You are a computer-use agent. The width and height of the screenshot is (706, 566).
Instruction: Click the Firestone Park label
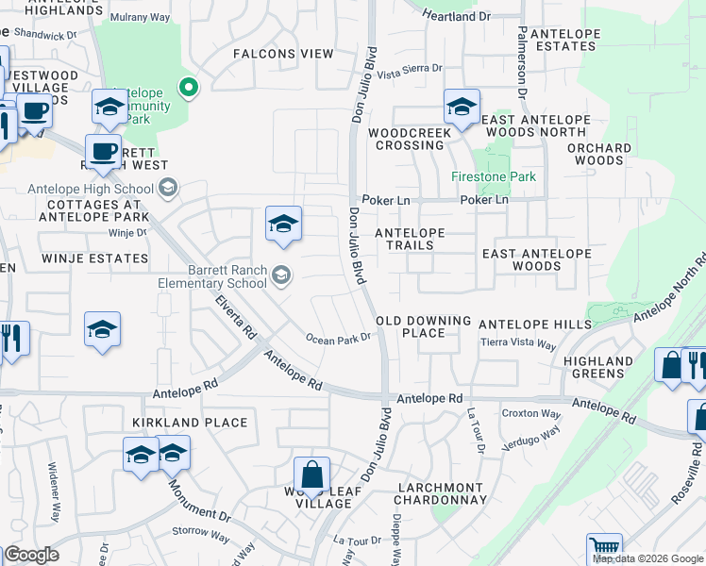tap(494, 176)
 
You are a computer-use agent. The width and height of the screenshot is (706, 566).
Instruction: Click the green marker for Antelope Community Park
tap(189, 89)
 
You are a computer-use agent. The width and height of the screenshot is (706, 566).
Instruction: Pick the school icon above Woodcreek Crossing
tap(461, 108)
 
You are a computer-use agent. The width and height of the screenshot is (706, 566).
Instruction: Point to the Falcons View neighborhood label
tap(284, 54)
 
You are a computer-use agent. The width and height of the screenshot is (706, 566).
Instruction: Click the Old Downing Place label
tap(424, 326)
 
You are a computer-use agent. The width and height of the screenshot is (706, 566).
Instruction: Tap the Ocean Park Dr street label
tap(337, 339)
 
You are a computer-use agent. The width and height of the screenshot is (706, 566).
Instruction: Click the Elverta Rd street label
tap(236, 318)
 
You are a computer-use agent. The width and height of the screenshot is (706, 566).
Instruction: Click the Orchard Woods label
tap(600, 155)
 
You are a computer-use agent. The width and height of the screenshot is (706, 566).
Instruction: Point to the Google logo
tap(32, 555)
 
